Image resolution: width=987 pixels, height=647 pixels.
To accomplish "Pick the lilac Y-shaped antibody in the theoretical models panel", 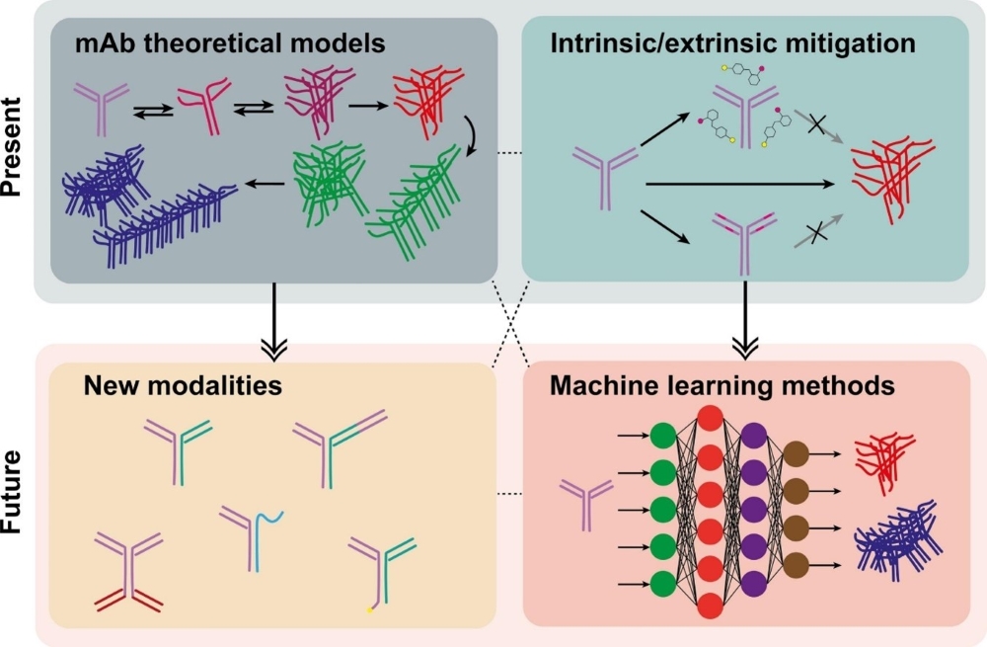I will (99, 106).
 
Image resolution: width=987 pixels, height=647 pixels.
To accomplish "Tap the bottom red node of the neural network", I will (710, 602).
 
